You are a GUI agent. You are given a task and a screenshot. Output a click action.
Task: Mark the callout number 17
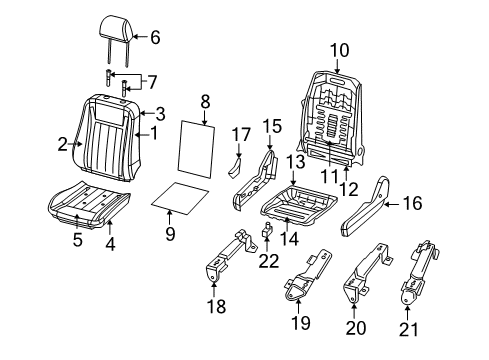[240, 133]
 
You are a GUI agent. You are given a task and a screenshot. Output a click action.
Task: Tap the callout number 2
[63, 145]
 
